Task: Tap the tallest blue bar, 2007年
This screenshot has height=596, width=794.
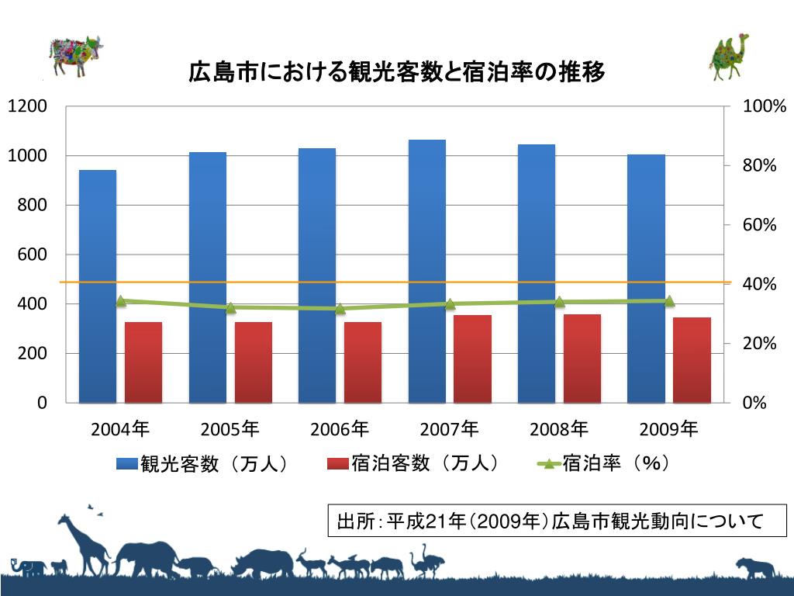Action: click(x=426, y=271)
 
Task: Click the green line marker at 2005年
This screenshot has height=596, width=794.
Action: click(x=230, y=308)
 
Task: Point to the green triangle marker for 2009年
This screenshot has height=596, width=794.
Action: click(x=669, y=301)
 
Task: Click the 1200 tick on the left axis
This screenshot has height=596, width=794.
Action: click(x=28, y=106)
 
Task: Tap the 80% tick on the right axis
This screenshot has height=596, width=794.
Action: click(x=760, y=165)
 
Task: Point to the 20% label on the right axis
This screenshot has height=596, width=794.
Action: click(x=760, y=343)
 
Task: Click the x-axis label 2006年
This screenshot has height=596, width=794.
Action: click(x=340, y=428)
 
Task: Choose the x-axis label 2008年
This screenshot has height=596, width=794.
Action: click(x=559, y=428)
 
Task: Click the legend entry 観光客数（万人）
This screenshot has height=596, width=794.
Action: click(x=203, y=464)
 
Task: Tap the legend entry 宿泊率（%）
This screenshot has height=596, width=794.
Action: click(x=606, y=464)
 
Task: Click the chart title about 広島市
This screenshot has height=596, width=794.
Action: click(x=396, y=73)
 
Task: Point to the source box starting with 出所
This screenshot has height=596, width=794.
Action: click(x=557, y=519)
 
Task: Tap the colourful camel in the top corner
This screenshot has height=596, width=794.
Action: click(x=730, y=56)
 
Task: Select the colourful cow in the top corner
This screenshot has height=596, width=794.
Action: click(x=75, y=54)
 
